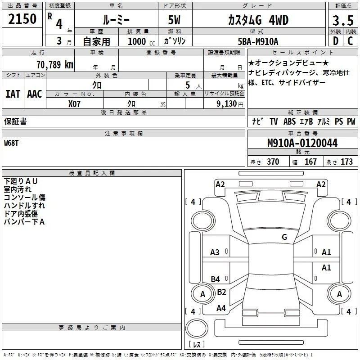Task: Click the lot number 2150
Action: point(22,19)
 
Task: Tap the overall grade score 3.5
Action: point(343,20)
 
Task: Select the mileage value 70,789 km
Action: point(55,64)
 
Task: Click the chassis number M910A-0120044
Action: point(302,143)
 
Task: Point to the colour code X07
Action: point(74,104)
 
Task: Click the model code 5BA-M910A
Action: point(258,41)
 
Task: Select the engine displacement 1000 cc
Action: point(141,41)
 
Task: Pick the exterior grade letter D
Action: point(336,41)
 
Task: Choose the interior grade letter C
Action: point(350,41)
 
